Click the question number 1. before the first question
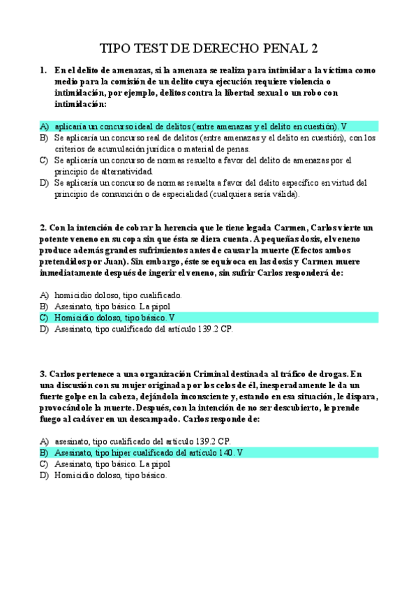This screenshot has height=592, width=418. click(44, 71)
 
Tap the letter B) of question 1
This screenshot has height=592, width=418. click(44, 138)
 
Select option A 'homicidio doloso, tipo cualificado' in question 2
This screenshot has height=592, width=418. click(118, 295)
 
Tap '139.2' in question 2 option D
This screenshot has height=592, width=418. click(200, 328)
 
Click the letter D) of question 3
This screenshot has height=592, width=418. click(44, 475)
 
